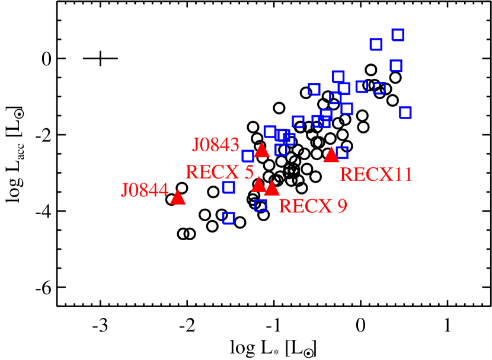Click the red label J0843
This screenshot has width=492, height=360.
(215, 145)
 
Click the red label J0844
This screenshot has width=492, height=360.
(145, 190)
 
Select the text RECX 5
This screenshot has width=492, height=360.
(219, 172)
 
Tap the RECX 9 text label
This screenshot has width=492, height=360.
(312, 206)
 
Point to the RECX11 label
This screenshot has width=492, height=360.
(376, 174)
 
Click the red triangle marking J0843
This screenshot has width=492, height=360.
(262, 151)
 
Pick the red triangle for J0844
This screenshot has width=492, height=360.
(178, 197)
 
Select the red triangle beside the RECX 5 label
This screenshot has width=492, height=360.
(259, 184)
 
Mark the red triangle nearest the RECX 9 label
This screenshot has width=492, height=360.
(271, 189)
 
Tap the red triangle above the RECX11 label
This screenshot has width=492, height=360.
(331, 155)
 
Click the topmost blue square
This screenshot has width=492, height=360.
(398, 34)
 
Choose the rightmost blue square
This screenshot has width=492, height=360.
(405, 113)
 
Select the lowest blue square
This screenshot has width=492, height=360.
(229, 218)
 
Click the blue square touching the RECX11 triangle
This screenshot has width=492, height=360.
(342, 152)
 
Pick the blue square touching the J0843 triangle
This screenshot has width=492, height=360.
(248, 156)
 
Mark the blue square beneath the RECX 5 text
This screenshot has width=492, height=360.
(229, 187)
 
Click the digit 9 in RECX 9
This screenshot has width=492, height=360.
(341, 206)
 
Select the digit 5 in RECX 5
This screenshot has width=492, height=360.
(249, 172)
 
